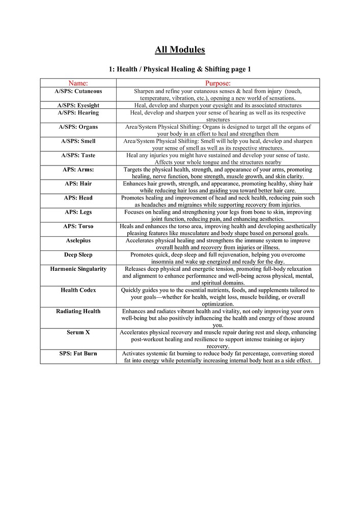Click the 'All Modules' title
(x=180, y=50)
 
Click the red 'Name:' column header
(x=78, y=83)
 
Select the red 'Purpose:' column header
(x=218, y=83)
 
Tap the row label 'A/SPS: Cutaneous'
(x=78, y=91)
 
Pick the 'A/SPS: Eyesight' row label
(x=78, y=105)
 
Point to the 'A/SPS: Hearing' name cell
(x=78, y=112)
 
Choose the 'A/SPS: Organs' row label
(x=78, y=127)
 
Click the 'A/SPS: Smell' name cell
(x=78, y=141)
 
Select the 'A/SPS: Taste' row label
(x=78, y=155)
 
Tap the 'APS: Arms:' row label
(x=78, y=169)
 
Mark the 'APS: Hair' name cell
(x=78, y=184)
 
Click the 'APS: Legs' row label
(x=78, y=212)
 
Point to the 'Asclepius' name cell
(x=78, y=240)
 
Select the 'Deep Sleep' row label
(x=78, y=254)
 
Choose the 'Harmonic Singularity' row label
(x=78, y=269)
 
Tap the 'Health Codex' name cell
(x=78, y=290)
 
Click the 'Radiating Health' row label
(x=78, y=311)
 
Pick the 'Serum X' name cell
(x=78, y=332)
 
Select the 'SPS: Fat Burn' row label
(x=78, y=353)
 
